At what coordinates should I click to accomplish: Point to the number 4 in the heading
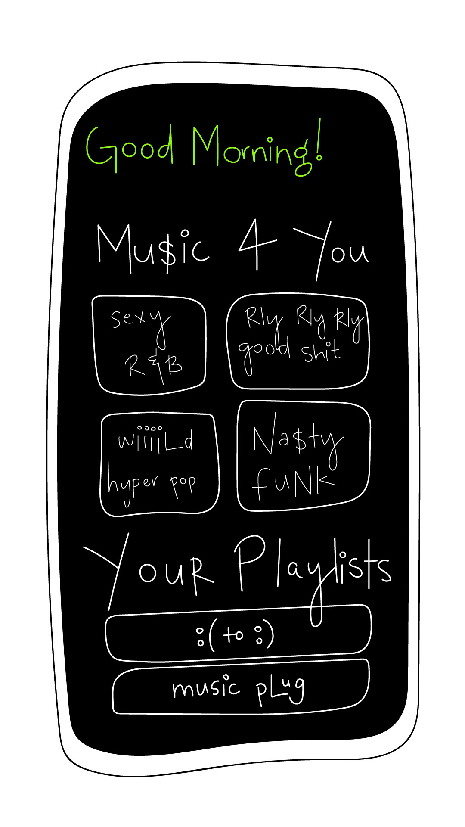tap(256, 243)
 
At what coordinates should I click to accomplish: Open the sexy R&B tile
tap(149, 345)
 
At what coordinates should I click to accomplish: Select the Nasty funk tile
tap(304, 457)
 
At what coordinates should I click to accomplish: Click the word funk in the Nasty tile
tap(293, 482)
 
